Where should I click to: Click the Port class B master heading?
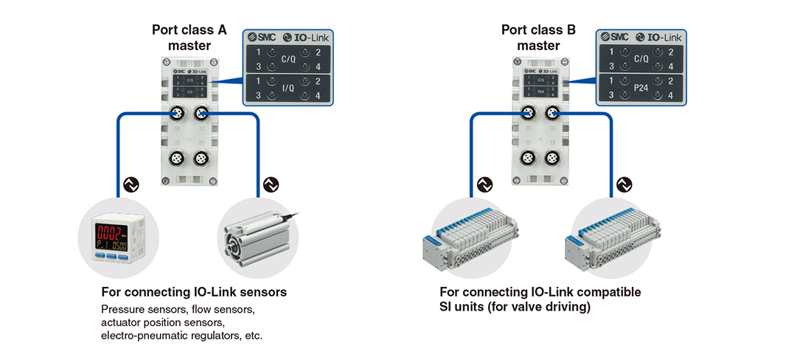[x=539, y=38]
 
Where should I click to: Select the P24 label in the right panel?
[x=641, y=88]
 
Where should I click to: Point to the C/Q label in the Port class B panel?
[x=641, y=58]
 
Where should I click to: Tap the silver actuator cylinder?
[x=254, y=235]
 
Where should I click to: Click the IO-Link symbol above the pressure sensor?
[x=130, y=182]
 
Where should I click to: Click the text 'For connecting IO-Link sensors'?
[x=194, y=292]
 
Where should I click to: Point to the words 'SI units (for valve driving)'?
[x=515, y=307]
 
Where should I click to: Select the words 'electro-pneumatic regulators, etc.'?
[x=181, y=336]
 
